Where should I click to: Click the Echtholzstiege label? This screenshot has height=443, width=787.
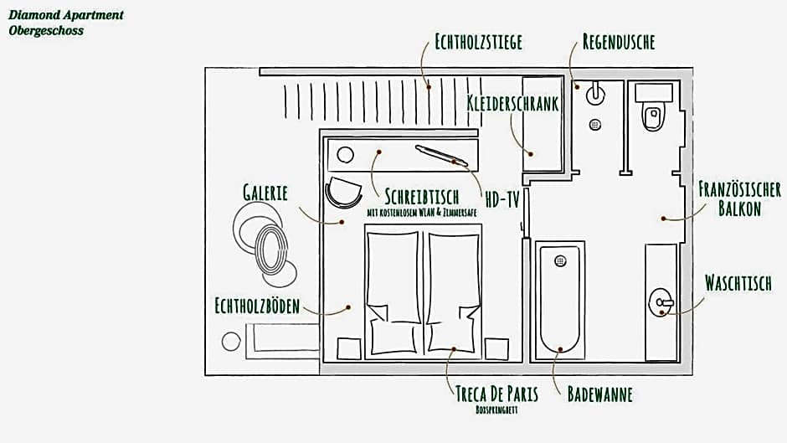coord(478,42)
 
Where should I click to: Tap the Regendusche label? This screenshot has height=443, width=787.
coord(619,42)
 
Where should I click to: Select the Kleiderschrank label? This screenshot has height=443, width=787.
coord(512,103)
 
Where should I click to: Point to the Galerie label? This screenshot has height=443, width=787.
coord(265,193)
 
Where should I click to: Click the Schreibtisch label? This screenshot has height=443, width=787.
coord(422,197)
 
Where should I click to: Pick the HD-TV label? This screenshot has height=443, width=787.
coord(502,198)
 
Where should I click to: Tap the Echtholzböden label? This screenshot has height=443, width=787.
coord(256,306)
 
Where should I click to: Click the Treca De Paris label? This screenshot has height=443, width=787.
coord(496,394)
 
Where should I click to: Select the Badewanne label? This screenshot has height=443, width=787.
coord(599,394)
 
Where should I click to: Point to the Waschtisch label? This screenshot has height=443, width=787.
coord(738,283)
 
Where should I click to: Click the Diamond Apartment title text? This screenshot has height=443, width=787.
coord(66,15)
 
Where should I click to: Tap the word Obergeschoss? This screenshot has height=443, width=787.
coord(46,31)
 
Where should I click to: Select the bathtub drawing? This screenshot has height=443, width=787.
coord(559,300)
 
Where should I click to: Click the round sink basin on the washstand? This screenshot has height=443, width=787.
coord(661,301)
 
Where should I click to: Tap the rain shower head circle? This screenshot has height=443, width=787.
coord(595,92)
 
